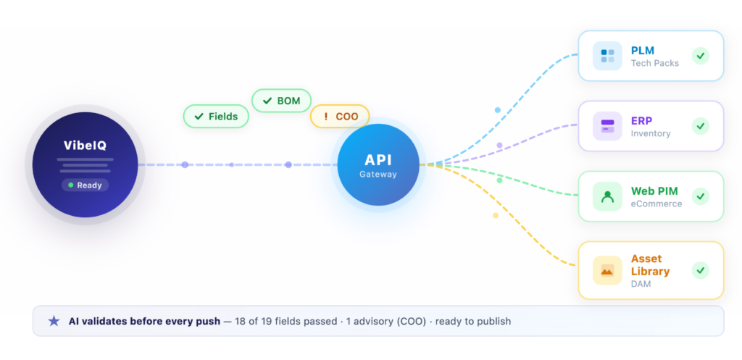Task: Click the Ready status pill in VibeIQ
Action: tap(85, 185)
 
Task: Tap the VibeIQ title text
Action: tap(85, 146)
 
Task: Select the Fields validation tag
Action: tap(216, 116)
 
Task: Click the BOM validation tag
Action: tap(282, 101)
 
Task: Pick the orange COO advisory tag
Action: tap(340, 116)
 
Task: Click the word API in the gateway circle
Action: tap(378, 160)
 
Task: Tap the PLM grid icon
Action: tap(607, 56)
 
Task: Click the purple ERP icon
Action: tap(607, 126)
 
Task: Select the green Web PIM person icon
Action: tap(607, 196)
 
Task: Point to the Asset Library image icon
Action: tap(607, 270)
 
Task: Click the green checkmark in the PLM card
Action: tap(700, 56)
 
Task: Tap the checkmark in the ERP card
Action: tap(700, 126)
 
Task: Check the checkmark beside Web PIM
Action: tap(700, 196)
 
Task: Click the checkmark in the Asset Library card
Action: tap(700, 270)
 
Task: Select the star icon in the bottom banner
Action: tap(54, 321)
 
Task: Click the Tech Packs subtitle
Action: tap(654, 63)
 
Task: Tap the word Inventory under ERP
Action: tap(650, 133)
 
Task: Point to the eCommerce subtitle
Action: tap(656, 204)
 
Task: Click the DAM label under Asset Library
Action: tap(641, 284)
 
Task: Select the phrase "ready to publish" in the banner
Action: tap(475, 321)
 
